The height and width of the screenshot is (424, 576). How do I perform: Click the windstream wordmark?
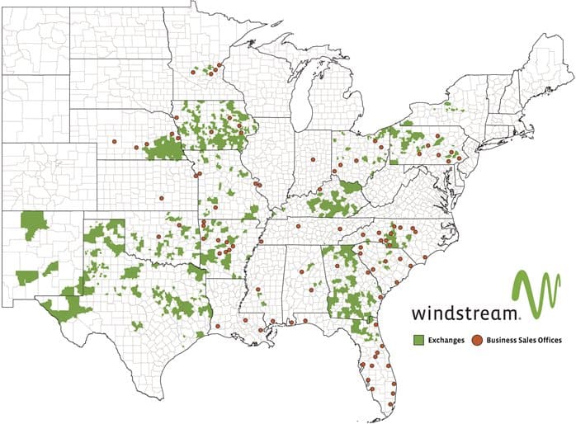pyautogui.click(x=465, y=313)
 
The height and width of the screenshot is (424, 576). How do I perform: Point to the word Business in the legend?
pyautogui.click(x=503, y=339)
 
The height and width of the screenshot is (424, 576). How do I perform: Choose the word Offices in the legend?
pyautogui.click(x=553, y=339)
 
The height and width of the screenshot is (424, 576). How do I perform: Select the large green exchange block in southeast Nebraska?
pyautogui.click(x=165, y=148)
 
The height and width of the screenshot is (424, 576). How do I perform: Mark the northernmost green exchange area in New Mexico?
pyautogui.click(x=34, y=223)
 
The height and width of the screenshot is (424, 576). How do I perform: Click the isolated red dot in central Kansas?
pyautogui.click(x=163, y=197)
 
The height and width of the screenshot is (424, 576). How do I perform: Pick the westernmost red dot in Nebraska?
pyautogui.click(x=114, y=143)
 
